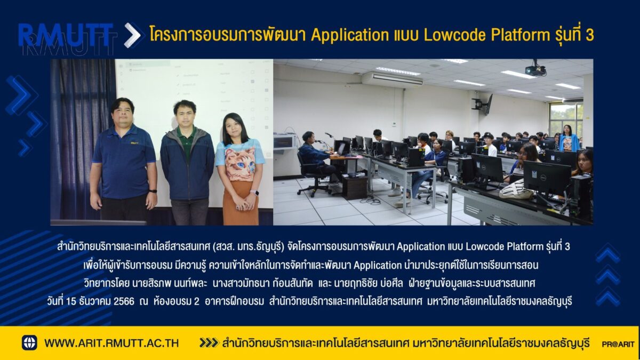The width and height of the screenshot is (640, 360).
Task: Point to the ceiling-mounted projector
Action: (x=535, y=69)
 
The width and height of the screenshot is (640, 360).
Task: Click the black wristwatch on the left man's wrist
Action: (x=153, y=191)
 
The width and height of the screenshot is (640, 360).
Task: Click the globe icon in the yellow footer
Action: (x=29, y=343)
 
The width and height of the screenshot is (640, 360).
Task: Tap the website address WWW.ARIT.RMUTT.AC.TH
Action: (x=111, y=343)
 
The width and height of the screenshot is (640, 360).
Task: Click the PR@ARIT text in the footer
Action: (x=618, y=345)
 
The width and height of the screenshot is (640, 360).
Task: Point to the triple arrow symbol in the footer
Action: (x=209, y=343)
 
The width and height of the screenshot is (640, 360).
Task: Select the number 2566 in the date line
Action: (x=124, y=301)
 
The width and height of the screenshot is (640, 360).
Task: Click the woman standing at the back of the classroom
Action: (x=569, y=138)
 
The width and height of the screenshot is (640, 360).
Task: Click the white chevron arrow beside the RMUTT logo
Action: (x=133, y=35)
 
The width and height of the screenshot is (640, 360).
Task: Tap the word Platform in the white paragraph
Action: (x=525, y=246)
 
